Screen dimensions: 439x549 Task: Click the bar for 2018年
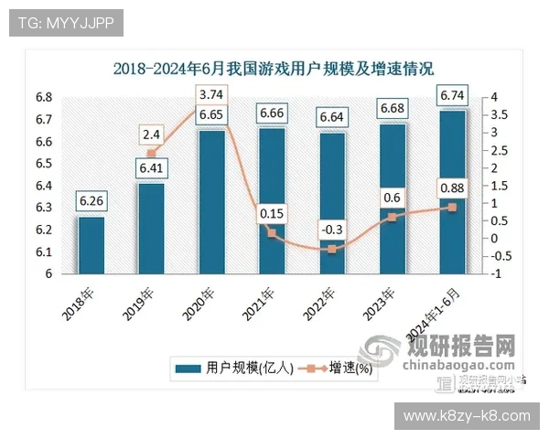click(91, 245)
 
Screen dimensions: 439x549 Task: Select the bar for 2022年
click(332, 203)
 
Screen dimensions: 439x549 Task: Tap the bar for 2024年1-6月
click(452, 192)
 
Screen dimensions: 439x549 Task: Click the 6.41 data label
click(151, 168)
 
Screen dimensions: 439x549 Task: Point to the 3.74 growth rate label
click(211, 94)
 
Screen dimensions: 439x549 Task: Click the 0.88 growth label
click(452, 188)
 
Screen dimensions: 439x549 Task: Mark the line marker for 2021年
click(272, 233)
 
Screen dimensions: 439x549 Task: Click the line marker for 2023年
click(392, 217)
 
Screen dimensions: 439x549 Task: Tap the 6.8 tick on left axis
click(43, 97)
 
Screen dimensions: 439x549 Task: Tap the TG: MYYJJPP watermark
click(66, 23)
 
